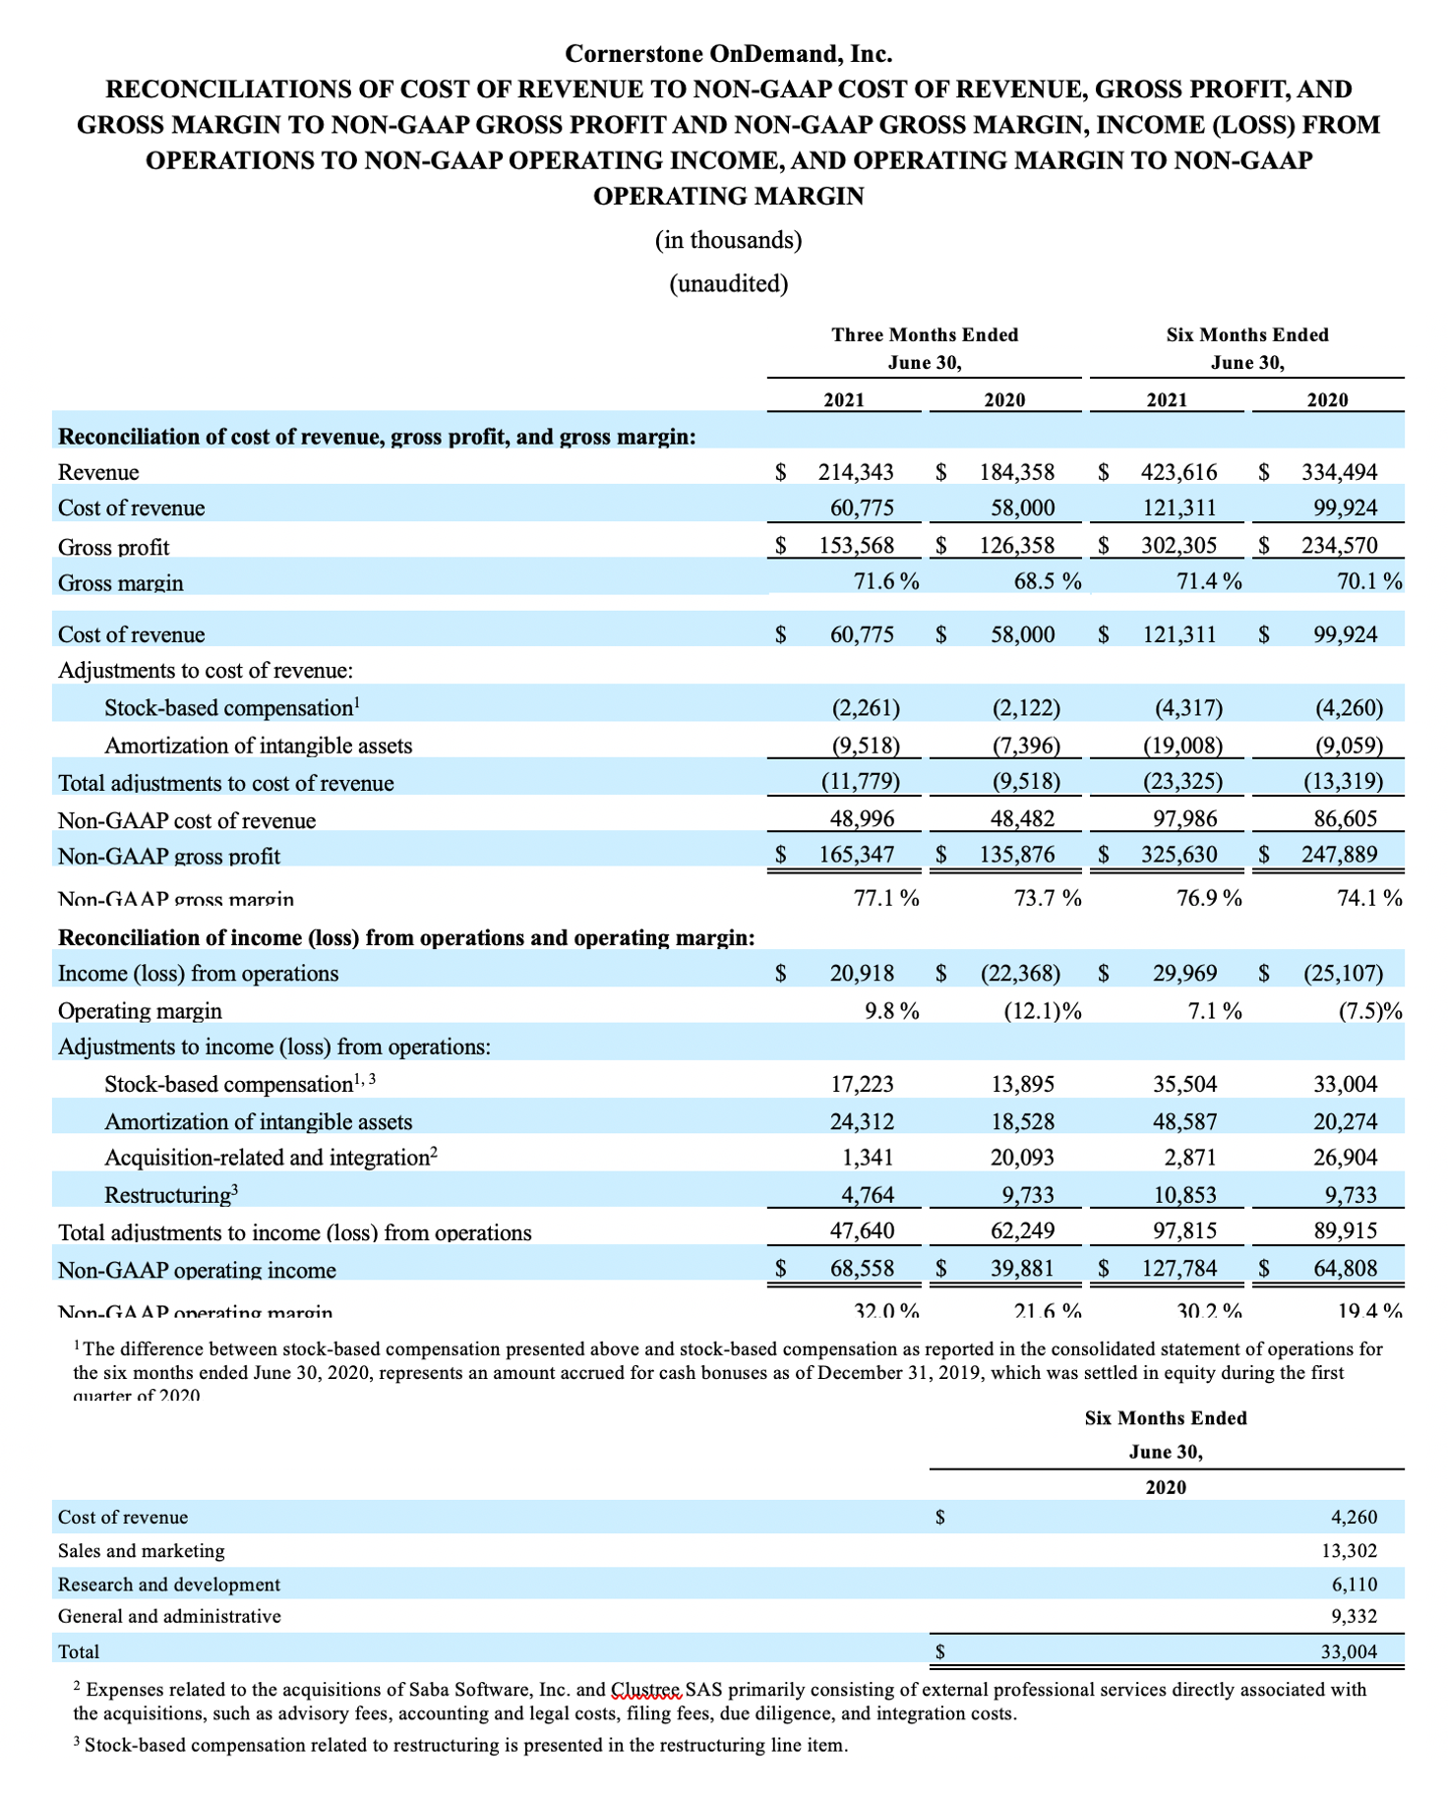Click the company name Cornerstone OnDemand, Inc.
(x=728, y=53)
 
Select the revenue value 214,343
(x=856, y=472)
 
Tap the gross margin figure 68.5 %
(x=1047, y=581)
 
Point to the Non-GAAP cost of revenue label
(x=187, y=820)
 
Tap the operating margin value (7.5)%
(x=1370, y=1011)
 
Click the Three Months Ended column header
(x=925, y=335)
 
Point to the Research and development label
(x=169, y=1585)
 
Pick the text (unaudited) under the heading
(x=728, y=284)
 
